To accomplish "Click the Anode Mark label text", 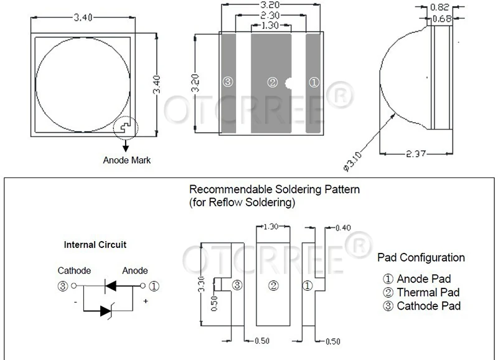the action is click(126, 160).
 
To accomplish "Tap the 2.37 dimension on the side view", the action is click(415, 154).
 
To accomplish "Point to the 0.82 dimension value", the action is click(441, 8).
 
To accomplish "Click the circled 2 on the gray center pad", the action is click(272, 82).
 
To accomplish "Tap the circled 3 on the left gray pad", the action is click(227, 82).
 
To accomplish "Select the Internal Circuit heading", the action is click(95, 245).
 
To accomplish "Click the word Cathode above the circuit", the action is click(74, 270).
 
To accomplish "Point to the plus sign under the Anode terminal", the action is click(146, 301).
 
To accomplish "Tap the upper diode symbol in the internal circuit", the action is click(110, 286).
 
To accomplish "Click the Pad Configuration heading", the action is click(421, 257).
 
